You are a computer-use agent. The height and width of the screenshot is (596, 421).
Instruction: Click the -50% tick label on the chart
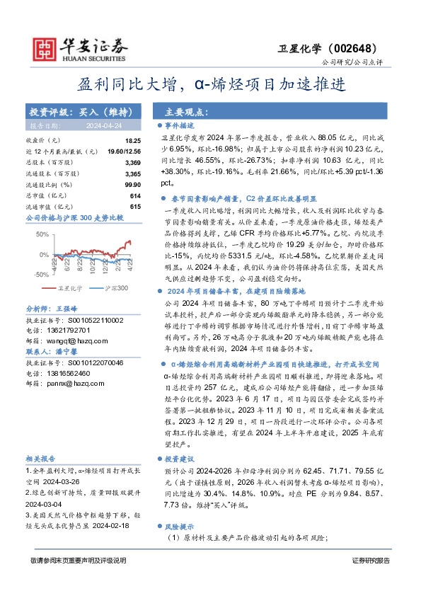click(x=40, y=275)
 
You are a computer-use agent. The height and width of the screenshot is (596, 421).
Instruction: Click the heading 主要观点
click(x=185, y=112)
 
